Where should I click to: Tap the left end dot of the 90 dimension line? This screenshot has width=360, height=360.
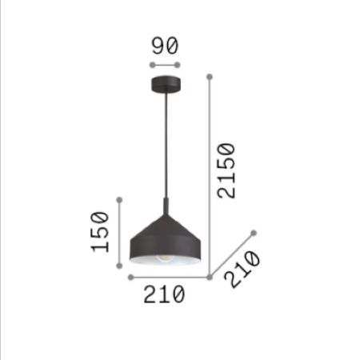coord(152,65)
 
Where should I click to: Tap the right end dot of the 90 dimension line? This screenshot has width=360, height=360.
coord(178,65)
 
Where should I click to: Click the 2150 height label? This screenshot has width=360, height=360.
coord(226,172)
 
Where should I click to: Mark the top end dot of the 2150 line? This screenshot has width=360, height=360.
coord(210,77)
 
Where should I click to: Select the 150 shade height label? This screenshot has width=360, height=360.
coord(100,232)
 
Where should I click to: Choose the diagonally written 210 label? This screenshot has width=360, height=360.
coord(242,269)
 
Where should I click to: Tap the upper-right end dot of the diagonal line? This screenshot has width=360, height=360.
coord(253,233)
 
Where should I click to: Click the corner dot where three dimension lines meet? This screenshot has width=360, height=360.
coord(210,277)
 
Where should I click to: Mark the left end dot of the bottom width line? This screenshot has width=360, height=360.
coord(130,277)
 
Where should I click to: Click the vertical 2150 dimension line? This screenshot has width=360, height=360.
coord(210,176)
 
